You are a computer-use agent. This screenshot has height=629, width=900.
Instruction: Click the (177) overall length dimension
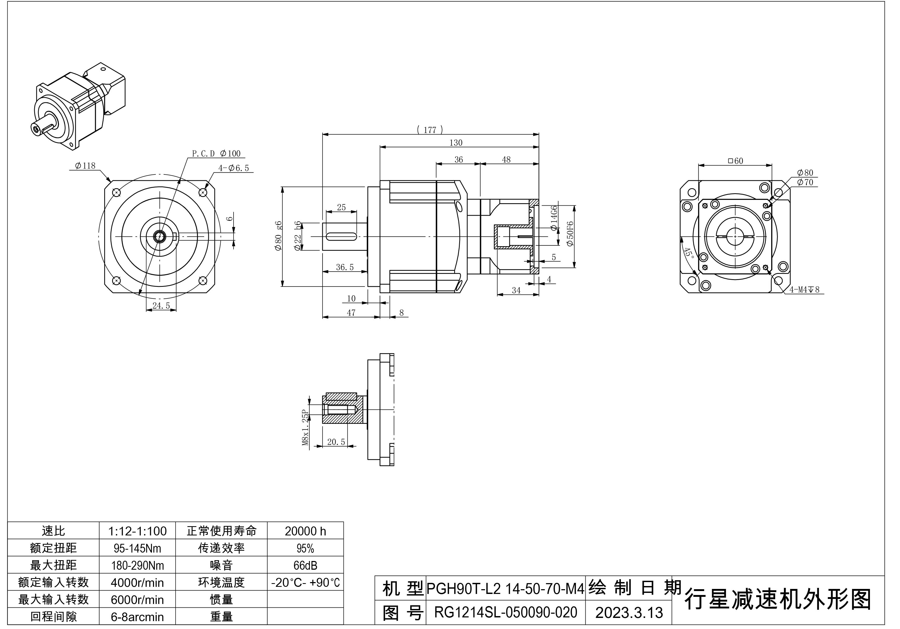pyautogui.click(x=430, y=130)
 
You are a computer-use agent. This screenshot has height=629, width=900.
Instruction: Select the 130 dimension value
pyautogui.click(x=456, y=143)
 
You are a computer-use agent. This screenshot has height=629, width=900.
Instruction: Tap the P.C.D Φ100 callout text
pyautogui.click(x=216, y=153)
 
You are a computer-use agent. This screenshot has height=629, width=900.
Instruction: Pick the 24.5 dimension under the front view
pyautogui.click(x=161, y=306)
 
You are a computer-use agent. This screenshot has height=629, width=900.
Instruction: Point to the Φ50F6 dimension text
pyautogui.click(x=570, y=234)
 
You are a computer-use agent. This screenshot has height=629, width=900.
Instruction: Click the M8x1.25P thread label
pyautogui.click(x=305, y=428)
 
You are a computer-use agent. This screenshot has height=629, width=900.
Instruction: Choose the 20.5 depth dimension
pyautogui.click(x=336, y=442)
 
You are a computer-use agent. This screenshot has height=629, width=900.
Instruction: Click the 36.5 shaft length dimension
pyautogui.click(x=345, y=267)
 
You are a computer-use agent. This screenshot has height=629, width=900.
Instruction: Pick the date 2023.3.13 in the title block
pyautogui.click(x=629, y=612)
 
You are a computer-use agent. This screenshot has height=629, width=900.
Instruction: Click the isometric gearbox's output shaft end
pyautogui.click(x=36, y=128)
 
